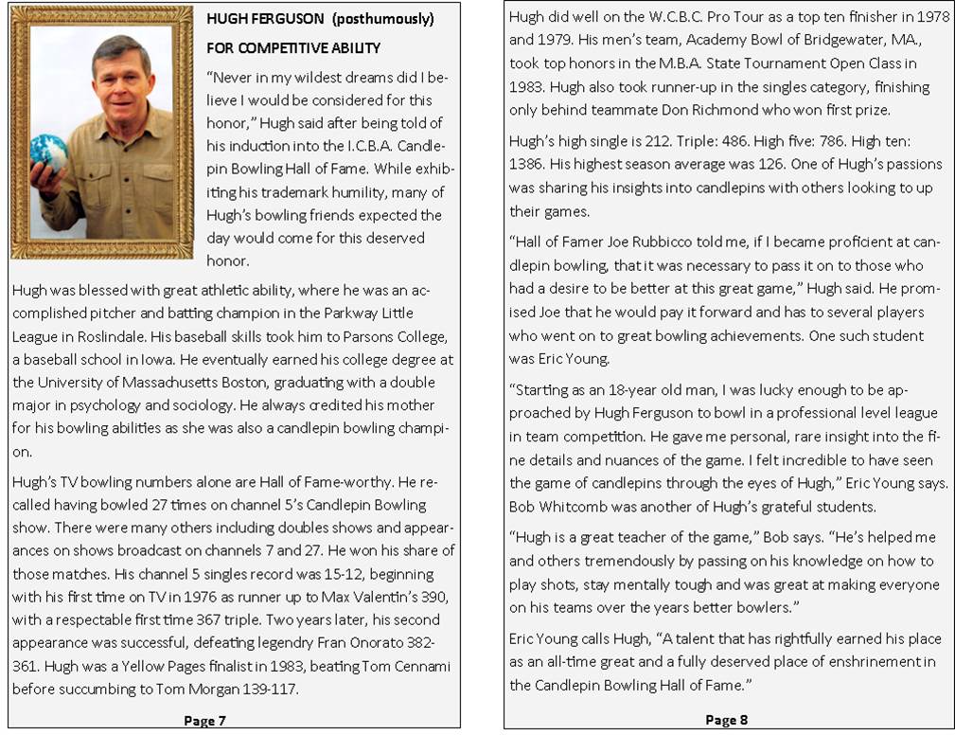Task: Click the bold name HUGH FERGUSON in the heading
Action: click(x=260, y=19)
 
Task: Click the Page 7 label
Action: click(x=204, y=721)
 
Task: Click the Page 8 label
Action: click(x=727, y=720)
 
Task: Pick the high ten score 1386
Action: click(x=530, y=165)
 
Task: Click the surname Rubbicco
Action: click(x=648, y=242)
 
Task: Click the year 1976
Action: click(x=234, y=598)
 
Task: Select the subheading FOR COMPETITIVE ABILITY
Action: click(x=293, y=47)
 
